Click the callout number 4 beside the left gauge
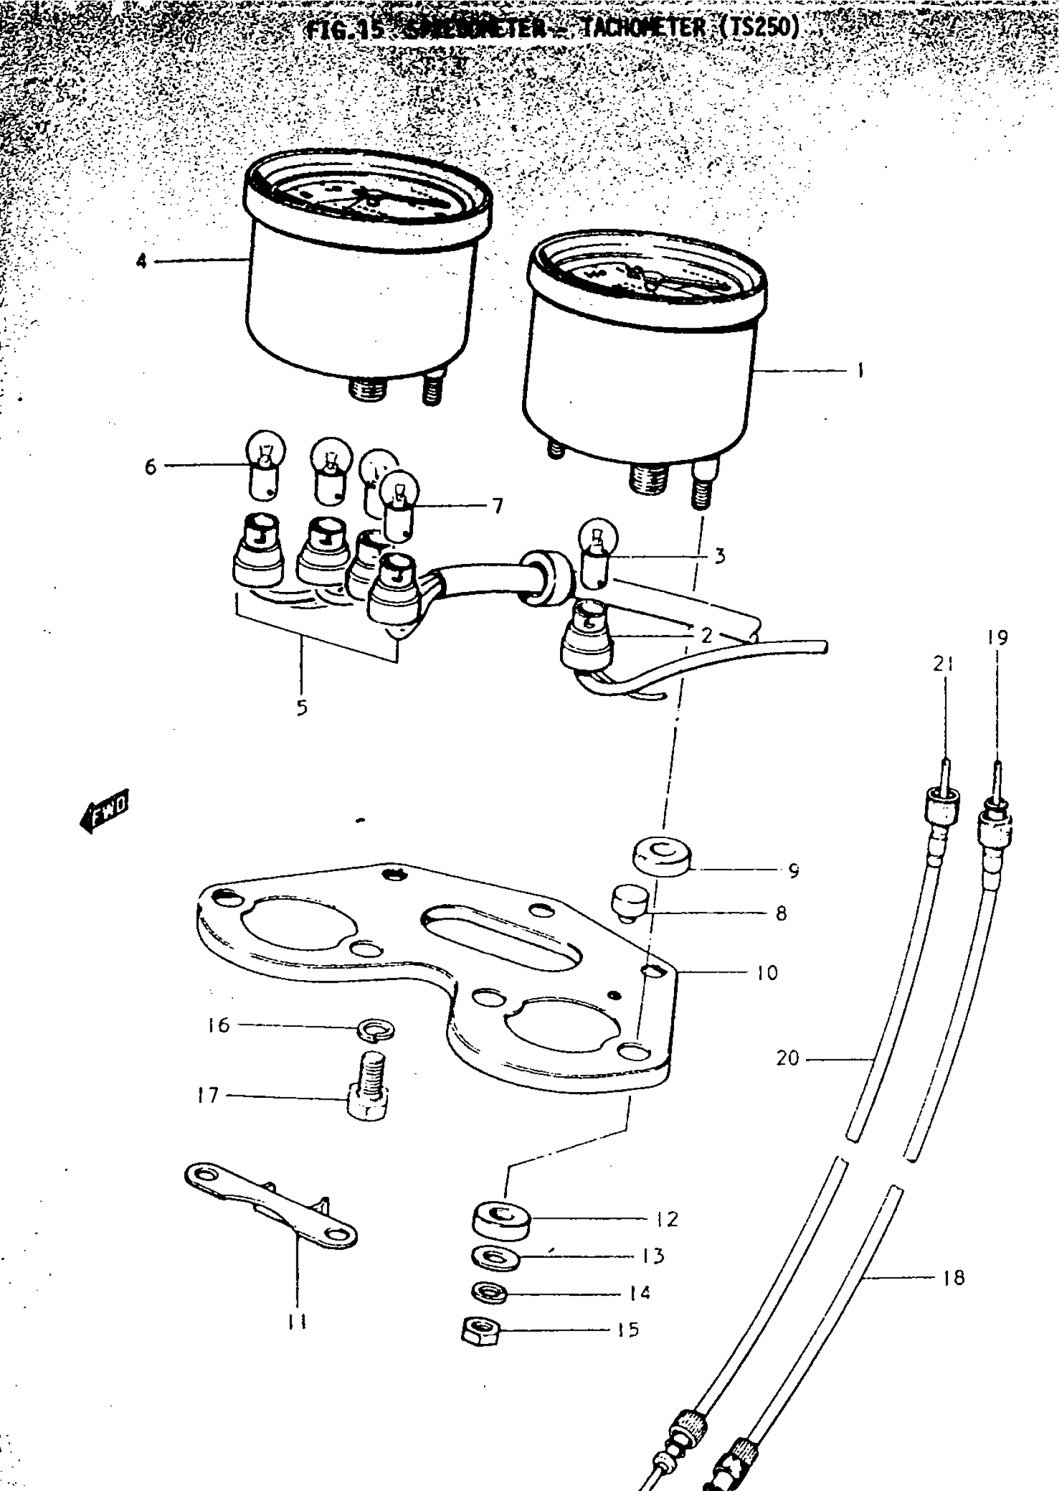141,262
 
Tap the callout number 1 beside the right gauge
860,371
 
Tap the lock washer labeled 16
377,1031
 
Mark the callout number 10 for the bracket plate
767,973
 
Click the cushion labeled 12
500,1218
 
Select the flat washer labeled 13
496,1257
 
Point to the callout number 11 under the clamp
297,1323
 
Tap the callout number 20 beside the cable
788,1057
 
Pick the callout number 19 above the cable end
997,637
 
